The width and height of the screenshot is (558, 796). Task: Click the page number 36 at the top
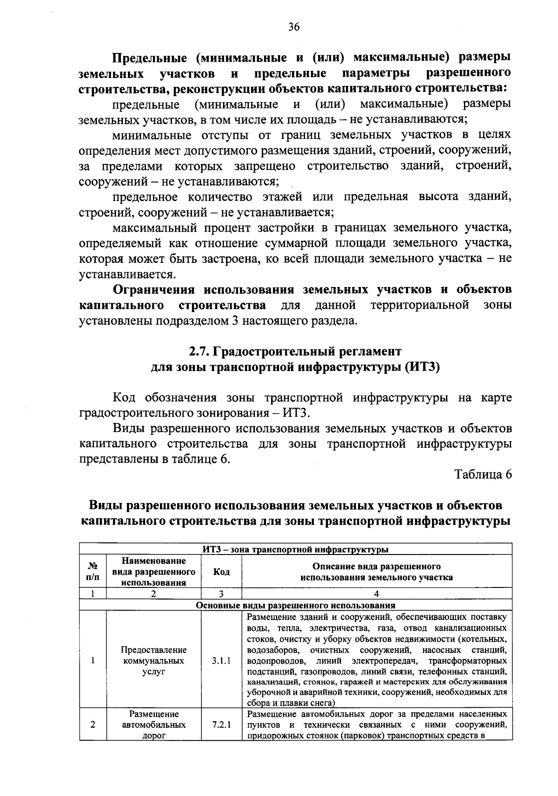click(293, 27)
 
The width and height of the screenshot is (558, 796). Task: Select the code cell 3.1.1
click(221, 660)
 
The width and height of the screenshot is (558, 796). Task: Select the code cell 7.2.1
click(221, 724)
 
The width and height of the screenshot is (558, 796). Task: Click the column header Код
click(221, 572)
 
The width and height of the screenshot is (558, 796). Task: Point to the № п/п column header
click(93, 572)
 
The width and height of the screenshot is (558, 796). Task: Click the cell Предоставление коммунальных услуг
click(153, 660)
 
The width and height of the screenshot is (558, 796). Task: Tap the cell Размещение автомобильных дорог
click(153, 724)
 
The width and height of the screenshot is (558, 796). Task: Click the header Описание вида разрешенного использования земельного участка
click(376, 572)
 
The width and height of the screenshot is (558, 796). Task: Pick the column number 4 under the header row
click(376, 593)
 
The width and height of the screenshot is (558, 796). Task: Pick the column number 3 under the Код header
click(221, 593)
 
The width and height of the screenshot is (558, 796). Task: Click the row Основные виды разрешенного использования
click(295, 605)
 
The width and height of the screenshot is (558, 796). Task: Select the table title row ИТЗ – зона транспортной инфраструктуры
click(295, 549)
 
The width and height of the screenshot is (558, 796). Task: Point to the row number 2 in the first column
click(93, 724)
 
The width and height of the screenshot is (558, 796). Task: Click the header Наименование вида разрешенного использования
click(153, 572)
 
